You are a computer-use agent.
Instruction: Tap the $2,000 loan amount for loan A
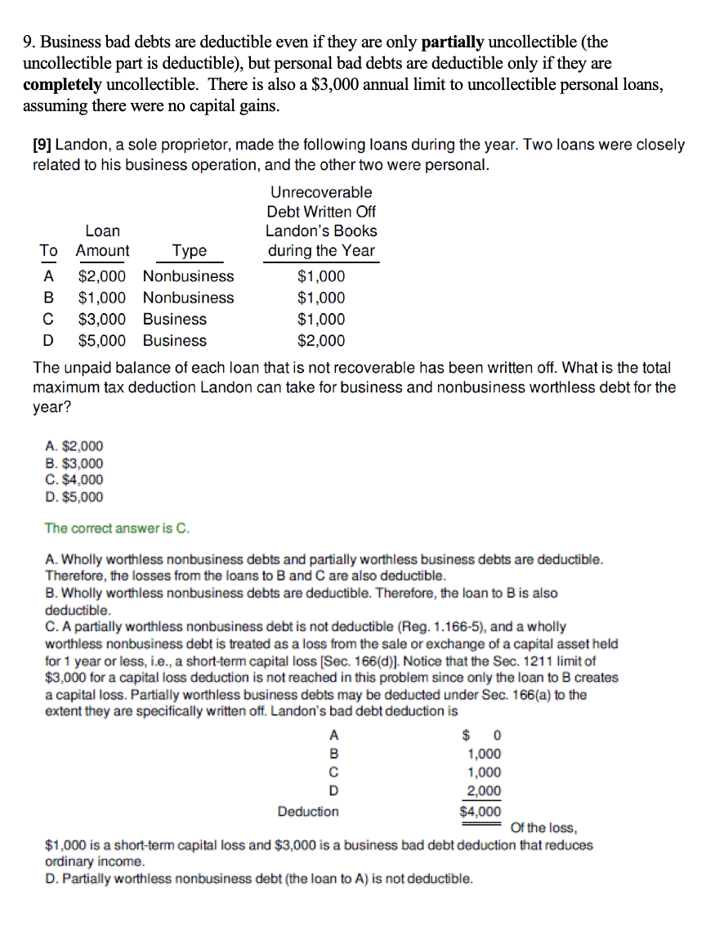click(x=102, y=276)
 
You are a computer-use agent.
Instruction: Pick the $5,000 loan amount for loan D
click(x=102, y=340)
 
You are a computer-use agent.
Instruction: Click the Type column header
click(x=189, y=251)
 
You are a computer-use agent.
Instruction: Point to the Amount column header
click(x=102, y=251)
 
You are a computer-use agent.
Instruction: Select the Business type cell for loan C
click(x=174, y=319)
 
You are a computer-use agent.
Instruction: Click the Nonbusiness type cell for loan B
click(x=188, y=298)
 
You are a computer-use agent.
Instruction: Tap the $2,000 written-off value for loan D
click(x=321, y=340)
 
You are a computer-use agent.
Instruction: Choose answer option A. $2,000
click(x=75, y=446)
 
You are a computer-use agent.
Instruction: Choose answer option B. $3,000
click(x=75, y=463)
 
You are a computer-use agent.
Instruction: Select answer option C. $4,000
click(x=75, y=480)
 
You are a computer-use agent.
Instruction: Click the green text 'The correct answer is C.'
click(x=118, y=528)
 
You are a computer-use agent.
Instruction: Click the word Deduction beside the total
click(x=308, y=812)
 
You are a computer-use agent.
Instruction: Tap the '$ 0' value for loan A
click(x=482, y=735)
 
